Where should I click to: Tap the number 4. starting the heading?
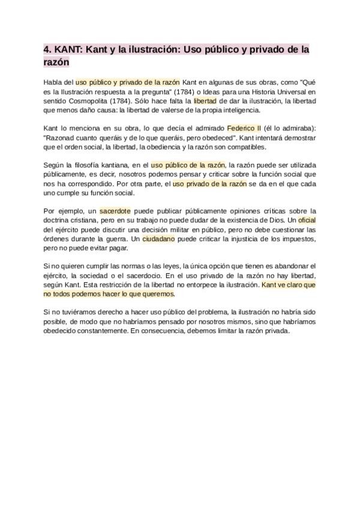(x=48, y=49)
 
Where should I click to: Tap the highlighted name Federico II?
(x=244, y=128)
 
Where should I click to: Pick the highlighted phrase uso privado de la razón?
(x=209, y=184)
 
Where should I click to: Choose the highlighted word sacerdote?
(x=115, y=211)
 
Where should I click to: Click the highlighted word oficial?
(x=307, y=220)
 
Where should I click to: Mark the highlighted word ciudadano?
(x=158, y=239)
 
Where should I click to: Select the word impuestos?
(x=296, y=239)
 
